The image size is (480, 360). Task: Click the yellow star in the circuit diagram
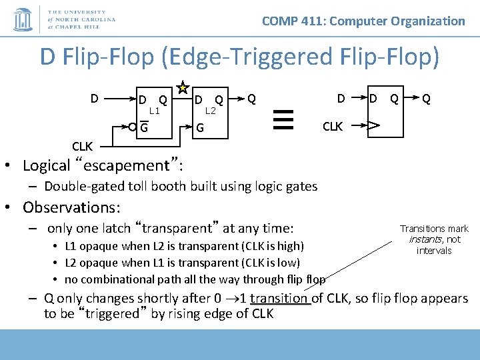click(181, 89)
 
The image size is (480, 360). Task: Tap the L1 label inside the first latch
click(154, 111)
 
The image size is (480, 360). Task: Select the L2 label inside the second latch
click(210, 111)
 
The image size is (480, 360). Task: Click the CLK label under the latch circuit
click(83, 146)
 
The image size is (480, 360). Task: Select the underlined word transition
click(279, 298)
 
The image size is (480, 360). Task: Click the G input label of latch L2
click(199, 127)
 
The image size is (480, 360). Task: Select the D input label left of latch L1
click(95, 99)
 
